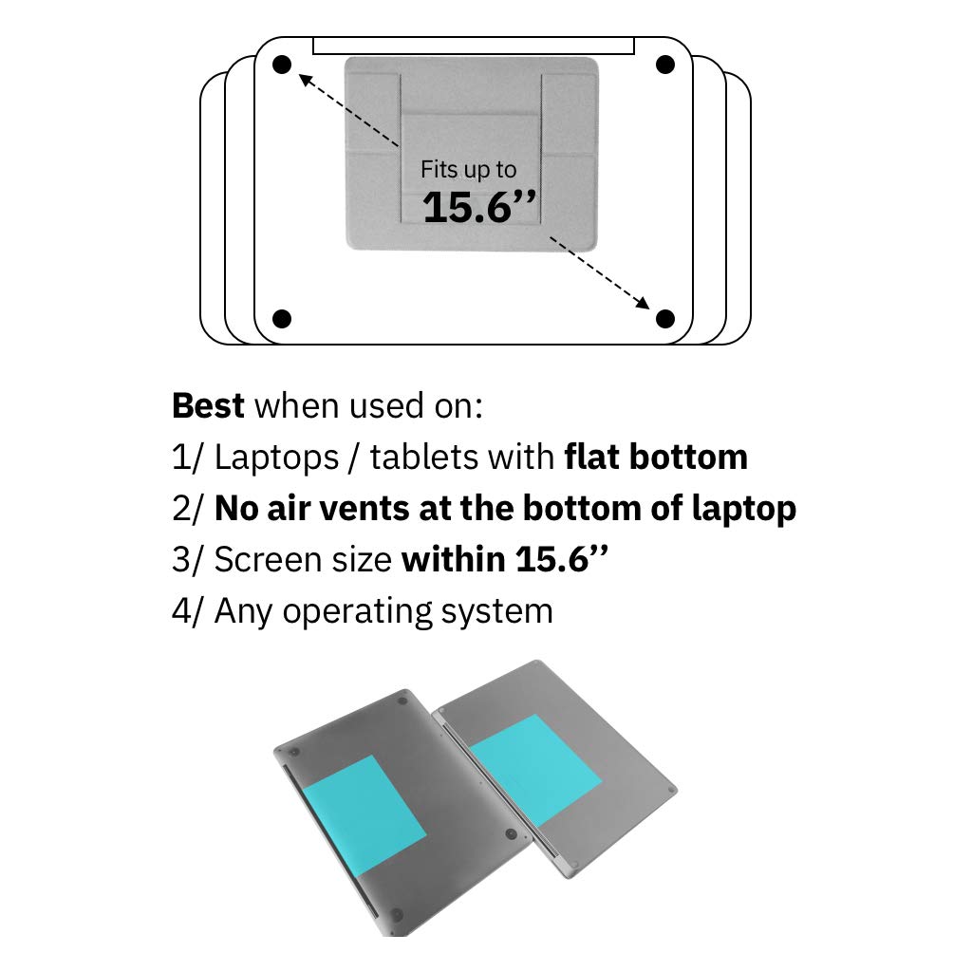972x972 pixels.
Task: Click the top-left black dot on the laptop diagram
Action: pyautogui.click(x=281, y=65)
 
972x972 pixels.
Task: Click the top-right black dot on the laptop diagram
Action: pyautogui.click(x=665, y=65)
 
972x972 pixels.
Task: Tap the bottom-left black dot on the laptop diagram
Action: pyautogui.click(x=281, y=318)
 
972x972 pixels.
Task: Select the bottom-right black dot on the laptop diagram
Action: pyautogui.click(x=665, y=318)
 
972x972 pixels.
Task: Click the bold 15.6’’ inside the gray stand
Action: pyautogui.click(x=478, y=208)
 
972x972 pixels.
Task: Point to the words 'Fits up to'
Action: pyautogui.click(x=469, y=170)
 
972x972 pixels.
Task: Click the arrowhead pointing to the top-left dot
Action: pyautogui.click(x=305, y=80)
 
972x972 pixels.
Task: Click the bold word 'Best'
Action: pyautogui.click(x=209, y=406)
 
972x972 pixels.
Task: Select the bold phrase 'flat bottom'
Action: pyautogui.click(x=656, y=458)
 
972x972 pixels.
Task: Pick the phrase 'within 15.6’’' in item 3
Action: pyautogui.click(x=505, y=560)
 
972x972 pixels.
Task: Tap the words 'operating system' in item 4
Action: pyautogui.click(x=418, y=611)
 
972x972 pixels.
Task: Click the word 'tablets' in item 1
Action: pyautogui.click(x=424, y=458)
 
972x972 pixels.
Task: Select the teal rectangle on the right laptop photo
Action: pyautogui.click(x=534, y=769)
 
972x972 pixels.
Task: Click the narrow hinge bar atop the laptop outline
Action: pyautogui.click(x=474, y=46)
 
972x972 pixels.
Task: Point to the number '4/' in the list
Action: pyautogui.click(x=188, y=611)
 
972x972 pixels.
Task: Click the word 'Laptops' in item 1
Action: pyautogui.click(x=275, y=458)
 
